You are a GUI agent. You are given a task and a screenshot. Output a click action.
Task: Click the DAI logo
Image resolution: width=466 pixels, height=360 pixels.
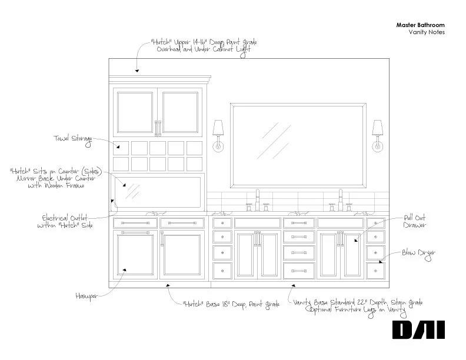pyautogui.click(x=418, y=329)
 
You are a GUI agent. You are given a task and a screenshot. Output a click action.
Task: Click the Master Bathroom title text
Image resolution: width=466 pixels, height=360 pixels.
pyautogui.click(x=420, y=25)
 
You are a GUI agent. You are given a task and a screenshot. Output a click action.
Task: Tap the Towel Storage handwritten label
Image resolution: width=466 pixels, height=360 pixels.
pyautogui.click(x=73, y=139)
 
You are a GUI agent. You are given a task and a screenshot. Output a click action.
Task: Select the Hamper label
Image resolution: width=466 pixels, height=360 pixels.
pyautogui.click(x=86, y=296)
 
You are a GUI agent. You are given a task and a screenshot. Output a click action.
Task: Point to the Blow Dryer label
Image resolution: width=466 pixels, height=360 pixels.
pyautogui.click(x=418, y=254)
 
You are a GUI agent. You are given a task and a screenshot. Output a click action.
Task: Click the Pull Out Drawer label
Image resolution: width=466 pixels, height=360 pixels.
pyautogui.click(x=415, y=221)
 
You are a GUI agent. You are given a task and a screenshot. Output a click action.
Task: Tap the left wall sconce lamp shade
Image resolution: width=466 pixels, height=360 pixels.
pyautogui.click(x=218, y=127)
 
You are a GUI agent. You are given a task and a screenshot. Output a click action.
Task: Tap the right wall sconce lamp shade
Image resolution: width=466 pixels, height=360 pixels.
pyautogui.click(x=377, y=127)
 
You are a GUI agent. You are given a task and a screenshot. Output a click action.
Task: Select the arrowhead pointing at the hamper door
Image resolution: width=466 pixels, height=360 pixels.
pyautogui.click(x=125, y=270)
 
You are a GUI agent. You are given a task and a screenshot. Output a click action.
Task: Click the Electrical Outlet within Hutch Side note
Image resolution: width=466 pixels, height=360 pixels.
pyautogui.click(x=65, y=221)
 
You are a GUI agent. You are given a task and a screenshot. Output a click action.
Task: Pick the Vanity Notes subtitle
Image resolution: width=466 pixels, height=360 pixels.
pyautogui.click(x=427, y=32)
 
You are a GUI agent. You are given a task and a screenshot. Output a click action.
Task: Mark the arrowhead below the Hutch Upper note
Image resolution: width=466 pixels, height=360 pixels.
pyautogui.click(x=137, y=71)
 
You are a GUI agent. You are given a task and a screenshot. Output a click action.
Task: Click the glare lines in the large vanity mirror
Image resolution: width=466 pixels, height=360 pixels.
pyautogui.click(x=274, y=140)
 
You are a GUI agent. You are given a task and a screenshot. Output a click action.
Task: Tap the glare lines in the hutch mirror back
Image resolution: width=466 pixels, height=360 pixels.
pyautogui.click(x=132, y=191)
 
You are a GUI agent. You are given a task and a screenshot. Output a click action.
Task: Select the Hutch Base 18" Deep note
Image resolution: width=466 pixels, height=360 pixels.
pyautogui.click(x=231, y=305)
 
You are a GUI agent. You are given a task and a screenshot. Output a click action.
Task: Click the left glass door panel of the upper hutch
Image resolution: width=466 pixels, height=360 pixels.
pyautogui.click(x=135, y=112)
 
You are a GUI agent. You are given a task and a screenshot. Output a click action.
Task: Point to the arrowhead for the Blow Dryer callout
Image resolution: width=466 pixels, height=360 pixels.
pyautogui.click(x=381, y=262)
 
